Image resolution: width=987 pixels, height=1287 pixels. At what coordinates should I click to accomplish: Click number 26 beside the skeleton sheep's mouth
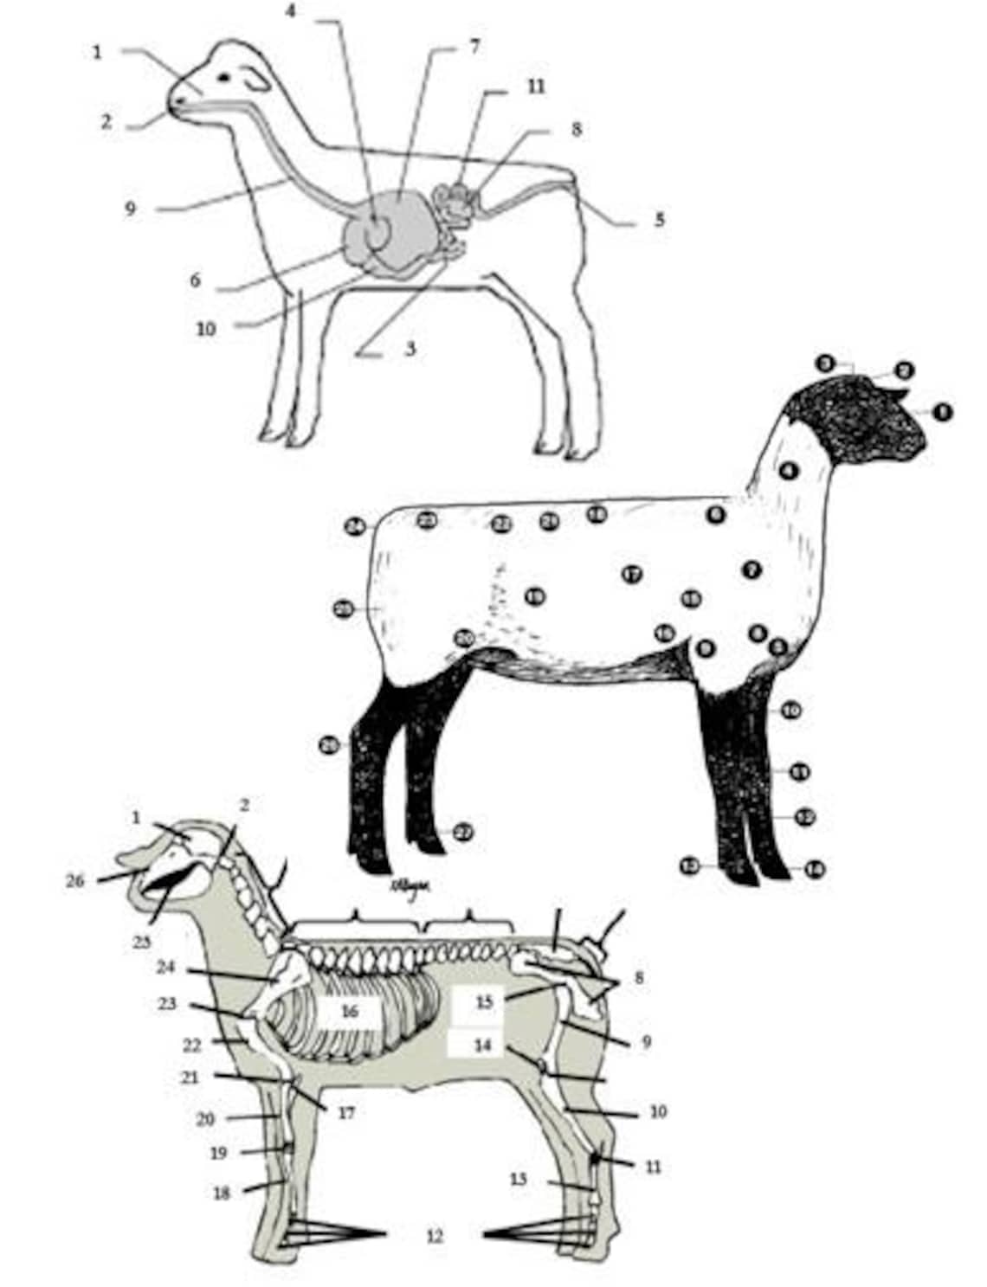pos(75,880)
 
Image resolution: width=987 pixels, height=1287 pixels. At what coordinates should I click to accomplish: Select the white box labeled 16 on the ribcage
pos(349,1011)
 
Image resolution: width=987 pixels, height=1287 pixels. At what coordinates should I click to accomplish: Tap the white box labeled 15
pos(483,1002)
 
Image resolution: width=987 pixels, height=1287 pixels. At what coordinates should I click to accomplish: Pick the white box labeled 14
pos(481,1045)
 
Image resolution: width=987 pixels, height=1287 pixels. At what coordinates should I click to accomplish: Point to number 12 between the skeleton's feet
pos(435,1237)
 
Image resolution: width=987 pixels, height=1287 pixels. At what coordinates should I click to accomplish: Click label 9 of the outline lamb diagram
pos(130,209)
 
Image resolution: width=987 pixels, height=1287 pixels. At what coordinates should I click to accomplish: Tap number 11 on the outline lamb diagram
pos(536,87)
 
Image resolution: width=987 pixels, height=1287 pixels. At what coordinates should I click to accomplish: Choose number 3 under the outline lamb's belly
pos(410,349)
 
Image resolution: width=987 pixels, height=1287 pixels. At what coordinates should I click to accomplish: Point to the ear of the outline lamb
pos(256,80)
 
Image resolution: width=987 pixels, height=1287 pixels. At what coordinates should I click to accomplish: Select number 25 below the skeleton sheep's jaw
pos(141,941)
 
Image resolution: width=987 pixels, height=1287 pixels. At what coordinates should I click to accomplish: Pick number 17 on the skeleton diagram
pos(346,1112)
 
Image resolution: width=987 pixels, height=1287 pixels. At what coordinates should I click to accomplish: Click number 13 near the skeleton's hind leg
pos(518,1179)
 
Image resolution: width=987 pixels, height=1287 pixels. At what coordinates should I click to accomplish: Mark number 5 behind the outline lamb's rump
pos(659,220)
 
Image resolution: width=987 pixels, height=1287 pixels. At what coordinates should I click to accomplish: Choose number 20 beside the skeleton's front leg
pos(205,1119)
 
